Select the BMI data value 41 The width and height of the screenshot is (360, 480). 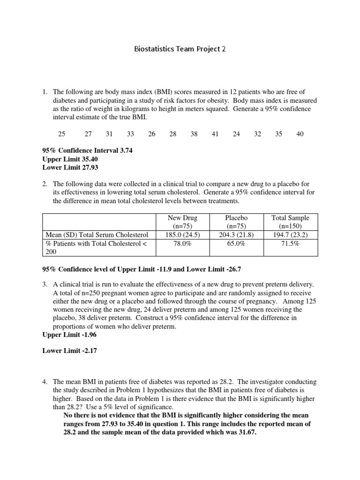click(x=215, y=134)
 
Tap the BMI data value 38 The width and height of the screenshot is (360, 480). click(x=194, y=134)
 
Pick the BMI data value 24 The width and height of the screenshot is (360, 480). click(x=236, y=134)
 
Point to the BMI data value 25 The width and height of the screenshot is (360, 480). click(x=62, y=134)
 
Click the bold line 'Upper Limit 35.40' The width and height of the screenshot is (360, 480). click(x=70, y=159)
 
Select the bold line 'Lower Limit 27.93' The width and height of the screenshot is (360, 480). click(x=70, y=167)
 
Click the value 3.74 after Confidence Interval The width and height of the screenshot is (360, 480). click(x=130, y=150)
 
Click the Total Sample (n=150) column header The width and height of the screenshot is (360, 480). click(x=291, y=222)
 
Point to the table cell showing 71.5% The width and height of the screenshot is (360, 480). click(x=291, y=244)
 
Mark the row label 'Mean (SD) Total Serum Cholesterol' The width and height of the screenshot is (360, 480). click(x=97, y=235)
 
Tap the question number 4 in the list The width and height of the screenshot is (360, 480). click(x=45, y=382)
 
